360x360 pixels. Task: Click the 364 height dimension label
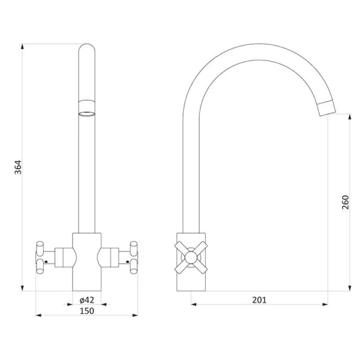(x=18, y=167)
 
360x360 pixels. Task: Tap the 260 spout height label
(x=346, y=202)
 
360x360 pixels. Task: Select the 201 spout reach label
(x=259, y=300)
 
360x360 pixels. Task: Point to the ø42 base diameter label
(x=87, y=300)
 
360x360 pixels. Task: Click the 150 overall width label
(x=87, y=311)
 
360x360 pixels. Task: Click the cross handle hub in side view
(x=191, y=257)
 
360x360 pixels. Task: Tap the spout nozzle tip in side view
(x=327, y=109)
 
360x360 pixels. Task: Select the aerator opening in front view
(x=87, y=114)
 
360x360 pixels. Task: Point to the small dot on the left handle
(x=46, y=262)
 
